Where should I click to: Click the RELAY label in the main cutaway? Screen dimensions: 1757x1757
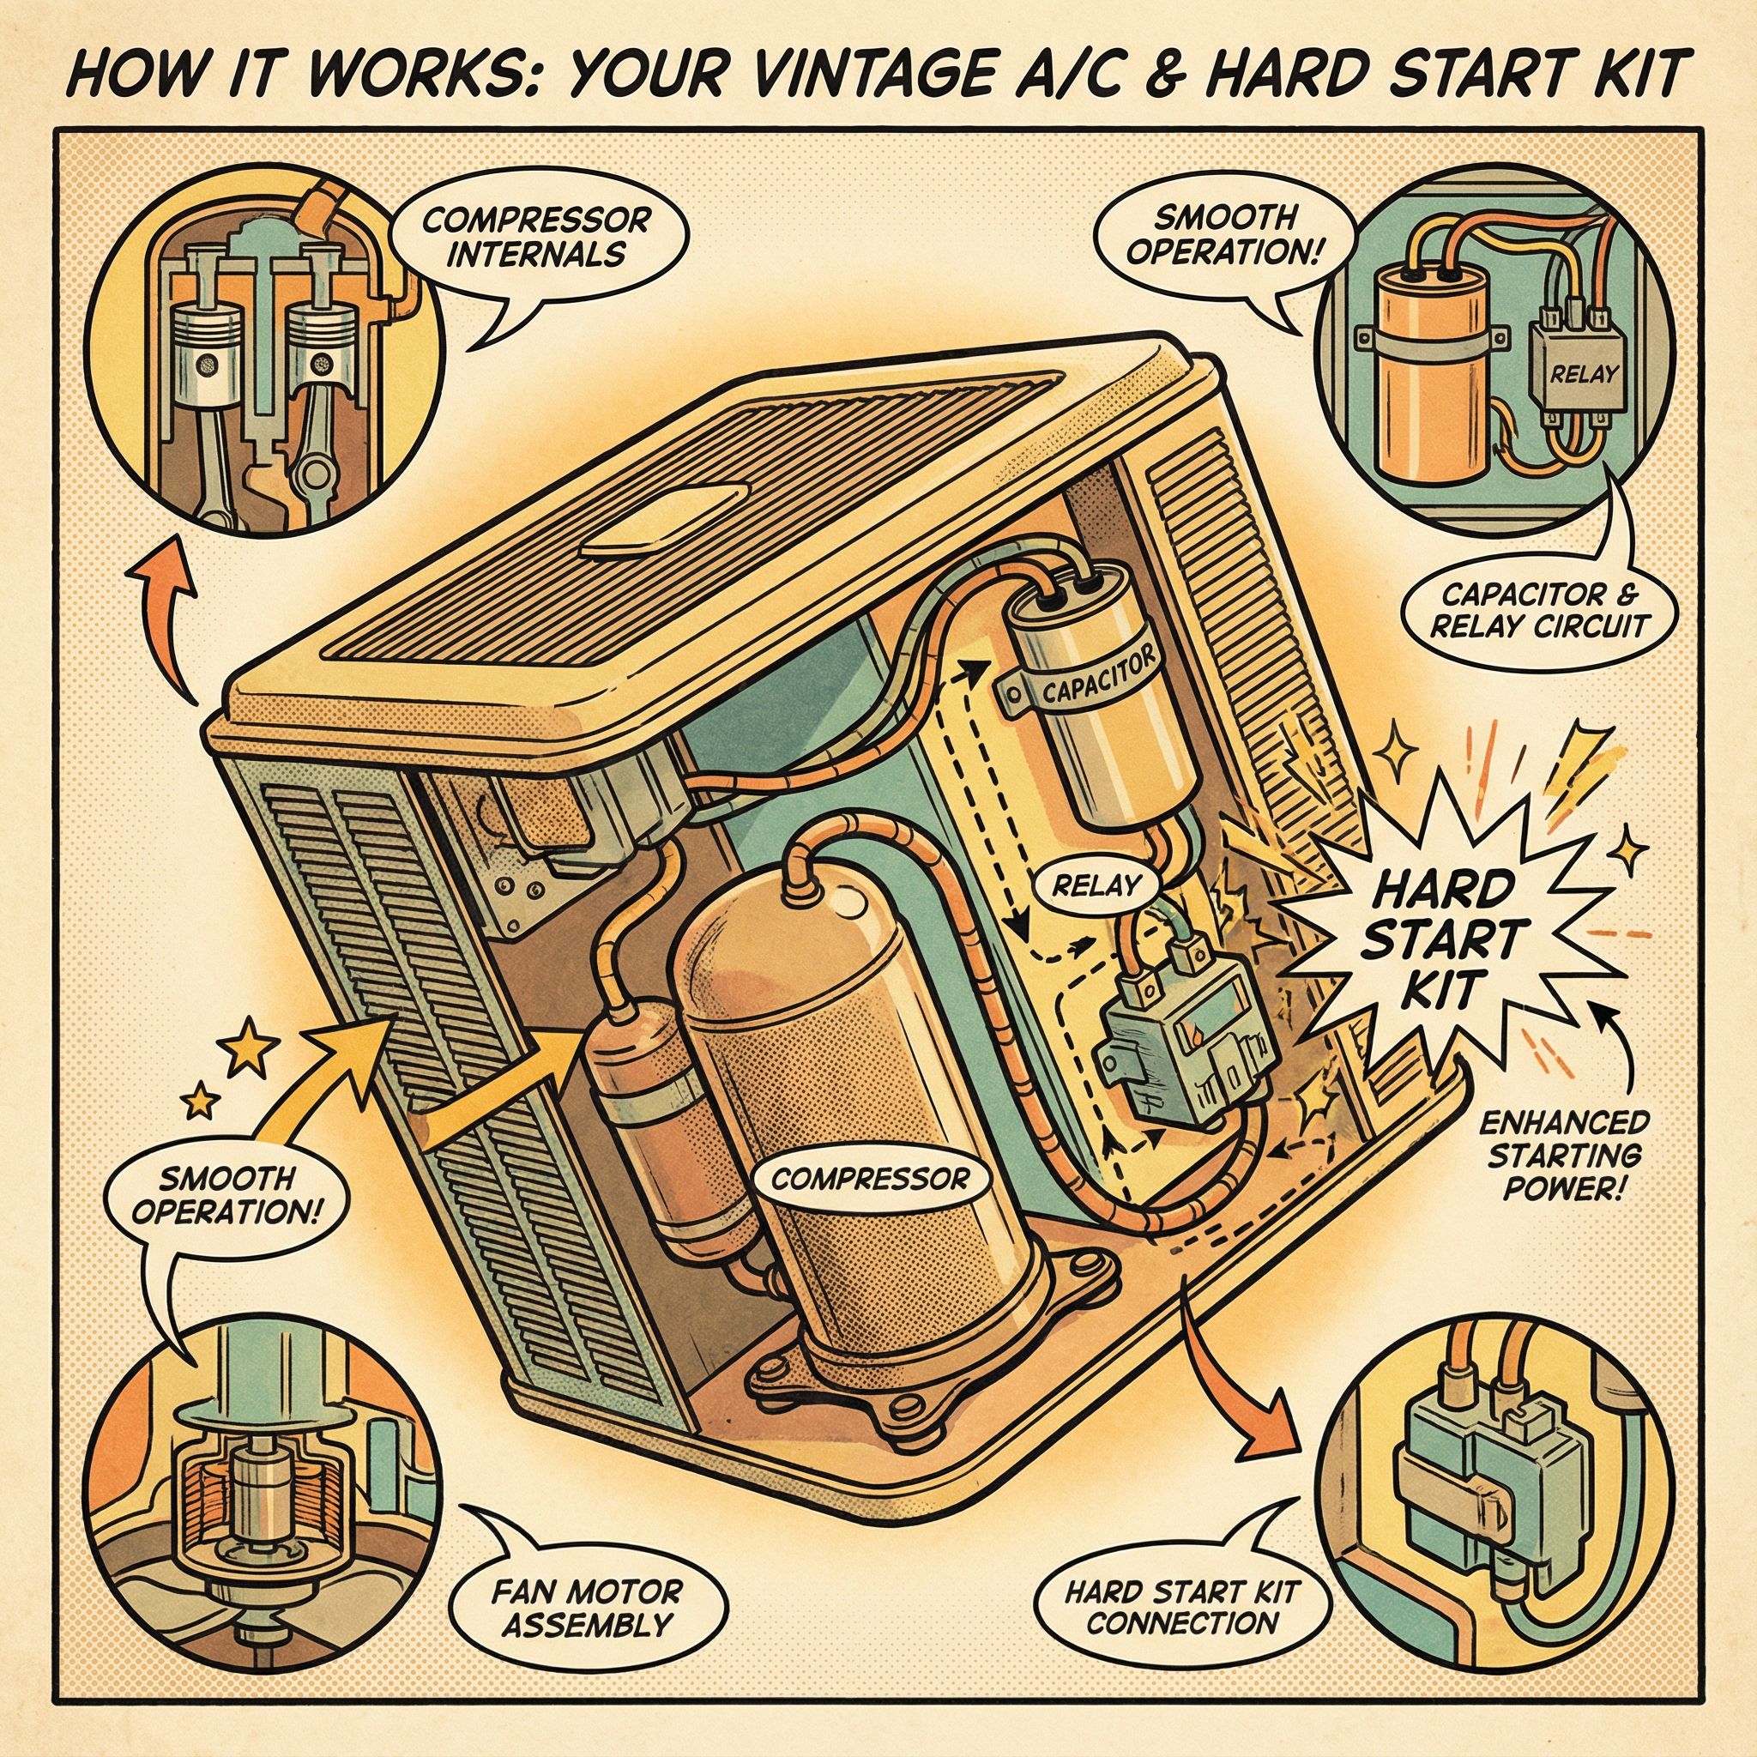click(1095, 885)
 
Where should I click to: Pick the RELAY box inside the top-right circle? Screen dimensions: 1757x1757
click(1572, 375)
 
